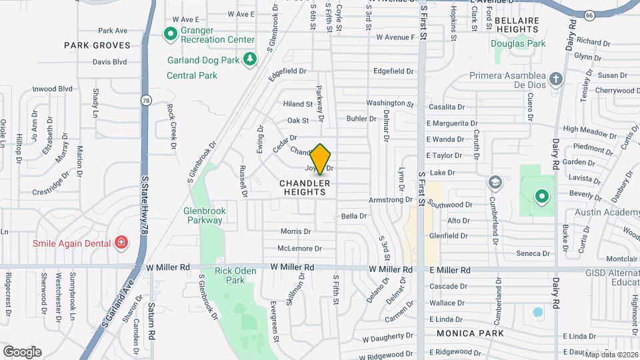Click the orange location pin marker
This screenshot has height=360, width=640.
point(321,159)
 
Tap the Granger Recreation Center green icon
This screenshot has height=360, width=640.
point(170,33)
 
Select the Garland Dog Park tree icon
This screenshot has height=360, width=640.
point(250,60)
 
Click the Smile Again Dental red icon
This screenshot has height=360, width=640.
point(121,243)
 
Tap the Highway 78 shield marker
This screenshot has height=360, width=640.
point(145,100)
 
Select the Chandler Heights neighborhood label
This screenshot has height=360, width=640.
point(304,187)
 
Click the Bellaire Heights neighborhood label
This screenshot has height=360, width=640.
point(517,25)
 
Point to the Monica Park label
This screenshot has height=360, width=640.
point(465,332)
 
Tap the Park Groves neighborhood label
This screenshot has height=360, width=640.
point(95,45)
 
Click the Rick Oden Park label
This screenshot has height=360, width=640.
point(230,275)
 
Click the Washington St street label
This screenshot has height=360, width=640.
point(390,103)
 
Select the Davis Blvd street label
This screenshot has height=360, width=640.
point(109,62)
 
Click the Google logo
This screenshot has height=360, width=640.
point(22,351)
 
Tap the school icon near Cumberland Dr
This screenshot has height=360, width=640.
point(495,182)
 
